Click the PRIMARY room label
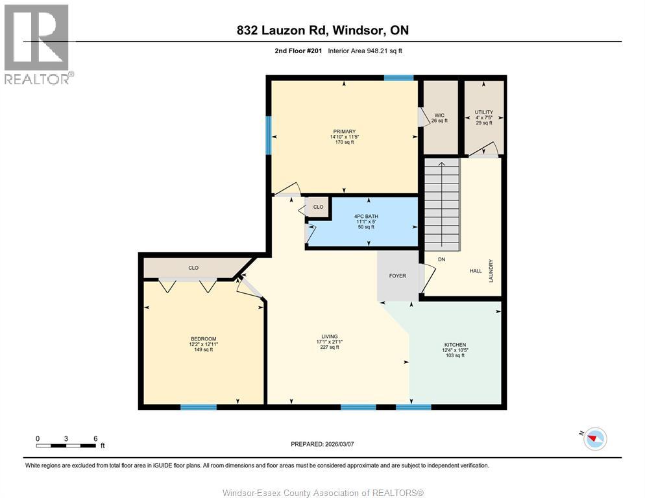tap(345, 132)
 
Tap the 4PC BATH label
tap(366, 217)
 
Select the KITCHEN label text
tap(455, 345)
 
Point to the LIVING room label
tap(330, 337)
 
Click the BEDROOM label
tap(203, 339)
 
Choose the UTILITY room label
tap(484, 112)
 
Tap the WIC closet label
tap(439, 115)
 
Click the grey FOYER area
tap(398, 276)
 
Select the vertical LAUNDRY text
tap(491, 270)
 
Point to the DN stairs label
tap(441, 259)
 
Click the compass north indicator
tap(594, 438)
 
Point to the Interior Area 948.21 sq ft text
tap(365, 51)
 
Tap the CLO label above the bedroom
tap(193, 268)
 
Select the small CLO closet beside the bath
tap(318, 207)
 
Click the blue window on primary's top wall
tap(398, 78)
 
